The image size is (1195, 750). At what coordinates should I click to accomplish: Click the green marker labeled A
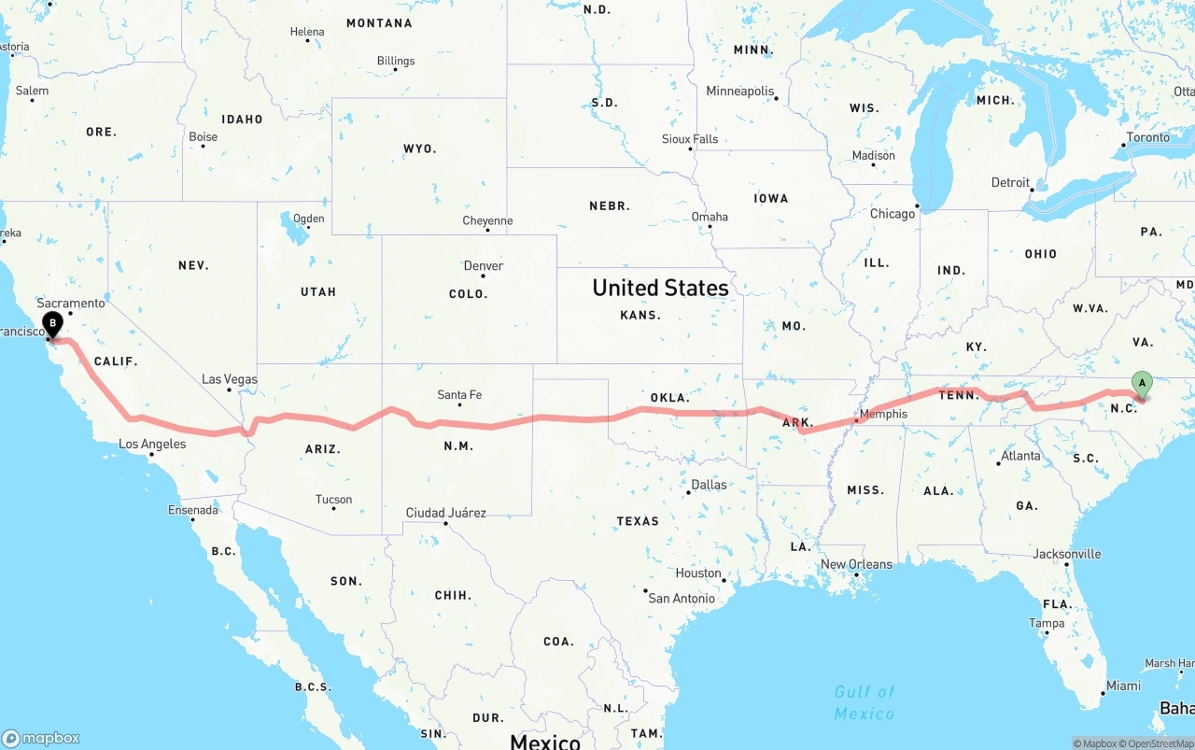(1141, 383)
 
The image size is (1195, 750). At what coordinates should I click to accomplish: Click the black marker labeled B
(52, 324)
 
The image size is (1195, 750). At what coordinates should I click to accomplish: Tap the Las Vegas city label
(230, 379)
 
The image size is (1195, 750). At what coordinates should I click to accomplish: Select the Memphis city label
(883, 414)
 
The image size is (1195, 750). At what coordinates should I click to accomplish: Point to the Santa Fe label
(459, 395)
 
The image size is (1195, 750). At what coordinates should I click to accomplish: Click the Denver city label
(484, 266)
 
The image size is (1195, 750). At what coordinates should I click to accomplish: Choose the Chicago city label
(893, 214)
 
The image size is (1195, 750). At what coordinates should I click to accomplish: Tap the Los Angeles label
(152, 444)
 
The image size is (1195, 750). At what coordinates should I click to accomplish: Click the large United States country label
(660, 288)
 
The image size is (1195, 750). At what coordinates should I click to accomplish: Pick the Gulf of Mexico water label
(865, 702)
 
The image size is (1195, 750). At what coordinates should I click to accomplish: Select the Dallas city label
(710, 485)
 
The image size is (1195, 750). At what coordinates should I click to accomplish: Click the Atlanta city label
(1020, 456)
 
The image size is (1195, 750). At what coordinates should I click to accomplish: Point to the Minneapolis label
(740, 92)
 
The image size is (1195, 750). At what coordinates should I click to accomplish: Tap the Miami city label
(1123, 686)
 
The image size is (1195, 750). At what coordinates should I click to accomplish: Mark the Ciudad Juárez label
(445, 513)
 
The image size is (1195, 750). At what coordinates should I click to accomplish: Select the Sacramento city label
(71, 304)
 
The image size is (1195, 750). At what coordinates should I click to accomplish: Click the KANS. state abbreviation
(640, 316)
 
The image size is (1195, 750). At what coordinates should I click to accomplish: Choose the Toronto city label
(1147, 137)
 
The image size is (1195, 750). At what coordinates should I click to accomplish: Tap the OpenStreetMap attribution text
(1160, 743)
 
